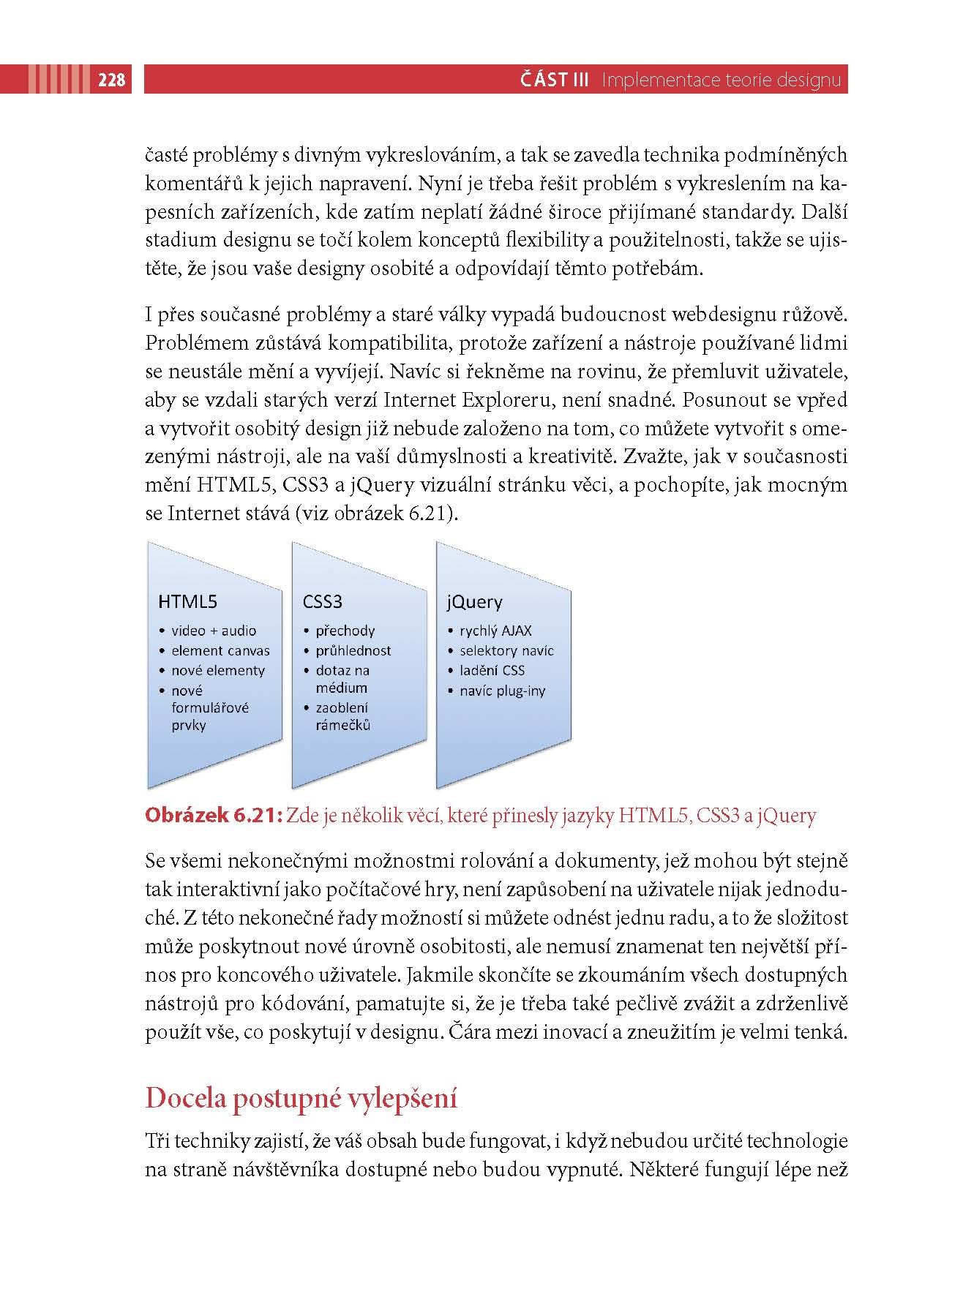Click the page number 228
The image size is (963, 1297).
click(112, 80)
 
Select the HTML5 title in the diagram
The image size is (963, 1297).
click(187, 602)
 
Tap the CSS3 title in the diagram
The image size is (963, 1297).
click(323, 602)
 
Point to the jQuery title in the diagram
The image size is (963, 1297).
click(474, 602)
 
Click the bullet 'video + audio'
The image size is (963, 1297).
click(214, 631)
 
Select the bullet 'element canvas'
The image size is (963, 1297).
click(220, 650)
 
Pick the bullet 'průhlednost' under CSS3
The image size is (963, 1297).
click(353, 650)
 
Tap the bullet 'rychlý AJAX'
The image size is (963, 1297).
click(495, 631)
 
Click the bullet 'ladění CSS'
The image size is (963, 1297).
click(492, 670)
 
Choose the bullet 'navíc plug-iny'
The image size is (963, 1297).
click(502, 691)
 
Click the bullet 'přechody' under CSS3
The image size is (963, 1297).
click(345, 631)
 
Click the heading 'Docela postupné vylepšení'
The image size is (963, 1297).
click(301, 1099)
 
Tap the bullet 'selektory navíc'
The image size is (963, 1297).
click(506, 650)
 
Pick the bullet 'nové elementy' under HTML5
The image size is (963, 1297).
click(218, 670)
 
